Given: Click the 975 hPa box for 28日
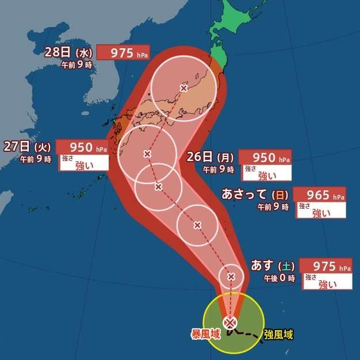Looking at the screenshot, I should tap(123, 52).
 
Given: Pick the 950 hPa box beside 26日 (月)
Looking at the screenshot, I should tap(265, 157).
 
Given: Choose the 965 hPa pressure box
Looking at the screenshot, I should tap(320, 195).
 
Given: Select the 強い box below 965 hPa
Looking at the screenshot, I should tap(321, 210).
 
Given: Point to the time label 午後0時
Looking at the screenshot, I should tap(279, 278).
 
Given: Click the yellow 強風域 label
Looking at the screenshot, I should tap(278, 334).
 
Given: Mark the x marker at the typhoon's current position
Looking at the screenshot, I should tap(231, 322).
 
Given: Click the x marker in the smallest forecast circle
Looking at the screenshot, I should tap(231, 277).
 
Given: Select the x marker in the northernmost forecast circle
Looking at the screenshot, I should tap(183, 88).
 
